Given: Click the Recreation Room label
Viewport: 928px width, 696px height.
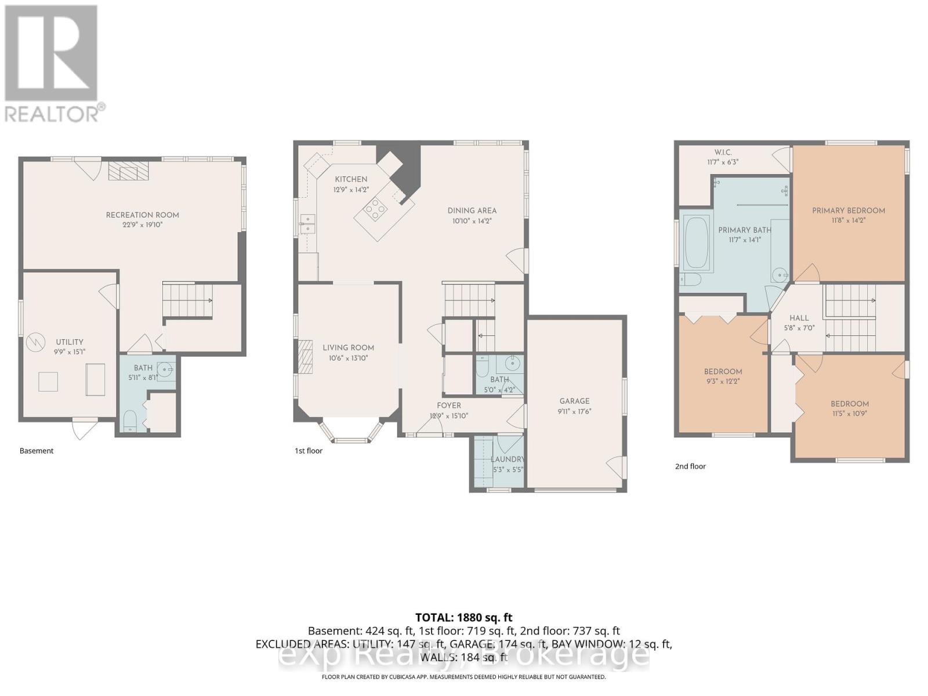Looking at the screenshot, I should pyautogui.click(x=142, y=215).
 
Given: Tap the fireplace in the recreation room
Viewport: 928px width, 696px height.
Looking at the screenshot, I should pyautogui.click(x=128, y=171).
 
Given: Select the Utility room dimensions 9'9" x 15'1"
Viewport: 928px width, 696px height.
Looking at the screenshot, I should pyautogui.click(x=70, y=351).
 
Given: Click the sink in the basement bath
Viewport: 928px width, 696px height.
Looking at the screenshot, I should pyautogui.click(x=165, y=369).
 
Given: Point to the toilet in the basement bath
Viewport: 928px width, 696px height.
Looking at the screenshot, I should pyautogui.click(x=129, y=419).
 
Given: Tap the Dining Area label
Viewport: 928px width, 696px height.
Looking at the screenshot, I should pyautogui.click(x=472, y=211).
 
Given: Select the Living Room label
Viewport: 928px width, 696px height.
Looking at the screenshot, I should pyautogui.click(x=348, y=347).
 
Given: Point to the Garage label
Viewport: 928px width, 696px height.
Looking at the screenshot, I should pyautogui.click(x=574, y=401).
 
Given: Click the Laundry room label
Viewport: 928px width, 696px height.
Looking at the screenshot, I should pyautogui.click(x=507, y=459).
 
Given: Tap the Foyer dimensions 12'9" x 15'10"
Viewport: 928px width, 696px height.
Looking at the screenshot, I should pyautogui.click(x=449, y=416).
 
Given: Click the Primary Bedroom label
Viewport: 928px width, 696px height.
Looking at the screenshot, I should pyautogui.click(x=848, y=211).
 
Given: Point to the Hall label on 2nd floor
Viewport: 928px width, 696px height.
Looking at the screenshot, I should pyautogui.click(x=799, y=318).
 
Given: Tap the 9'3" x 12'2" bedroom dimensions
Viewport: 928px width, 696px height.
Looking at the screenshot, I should pyautogui.click(x=723, y=382).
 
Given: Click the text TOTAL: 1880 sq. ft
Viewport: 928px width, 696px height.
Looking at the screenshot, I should pyautogui.click(x=463, y=618).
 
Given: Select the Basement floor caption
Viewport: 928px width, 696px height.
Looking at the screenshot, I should pyautogui.click(x=37, y=451).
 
